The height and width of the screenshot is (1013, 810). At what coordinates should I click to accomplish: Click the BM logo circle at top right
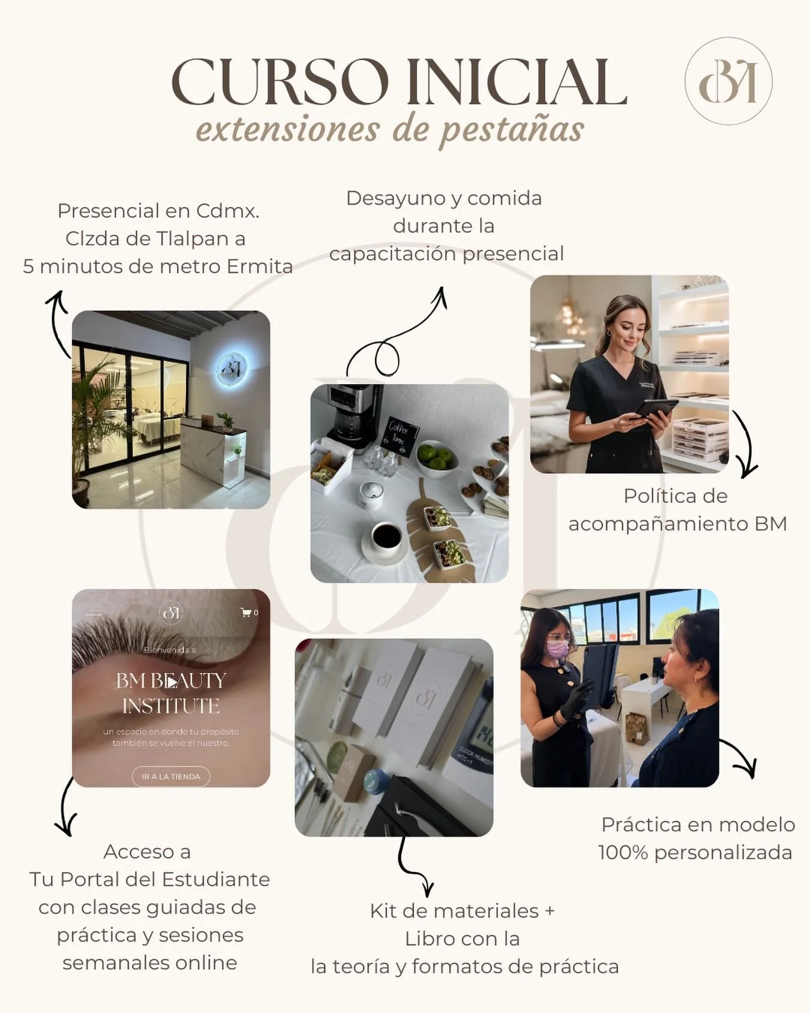728,81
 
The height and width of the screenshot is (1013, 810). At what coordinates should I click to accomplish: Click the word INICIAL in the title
517,82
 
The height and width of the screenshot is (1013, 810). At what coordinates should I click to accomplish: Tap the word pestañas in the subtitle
511,130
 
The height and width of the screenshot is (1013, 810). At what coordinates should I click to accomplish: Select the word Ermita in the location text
259,266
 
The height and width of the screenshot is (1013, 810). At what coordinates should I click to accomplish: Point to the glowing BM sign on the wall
231,368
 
